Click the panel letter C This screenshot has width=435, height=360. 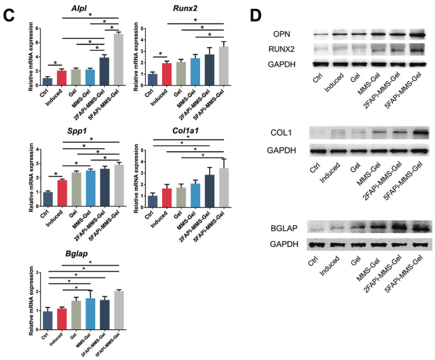tap(9, 14)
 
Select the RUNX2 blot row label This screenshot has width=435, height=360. tap(287, 49)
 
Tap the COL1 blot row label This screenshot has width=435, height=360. tap(285, 132)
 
